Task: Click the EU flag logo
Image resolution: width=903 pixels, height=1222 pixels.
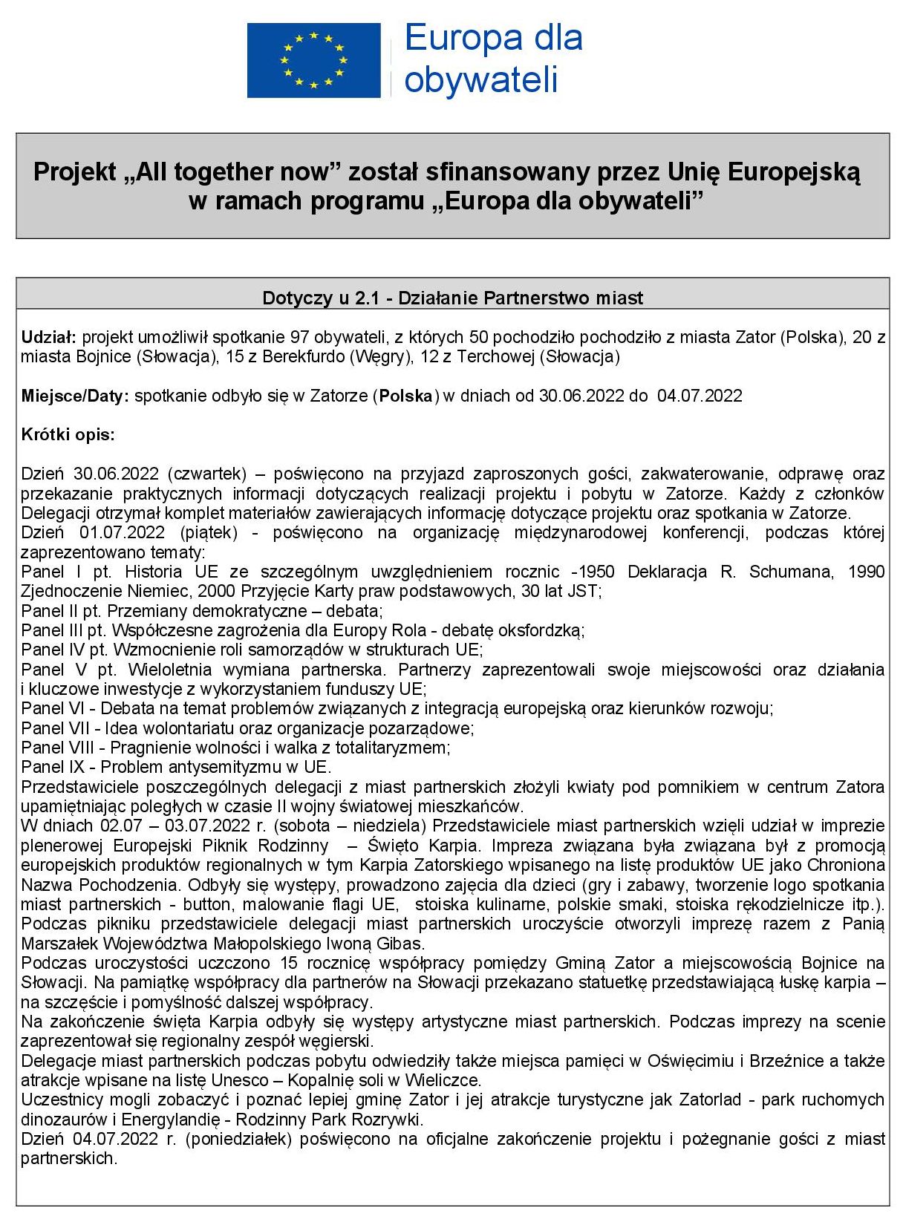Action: pyautogui.click(x=313, y=60)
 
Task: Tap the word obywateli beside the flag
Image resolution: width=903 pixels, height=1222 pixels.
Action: pyautogui.click(x=481, y=79)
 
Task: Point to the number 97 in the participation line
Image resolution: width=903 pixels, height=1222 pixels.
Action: pyautogui.click(x=300, y=338)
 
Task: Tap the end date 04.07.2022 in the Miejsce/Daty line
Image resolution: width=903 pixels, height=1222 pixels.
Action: pyautogui.click(x=700, y=396)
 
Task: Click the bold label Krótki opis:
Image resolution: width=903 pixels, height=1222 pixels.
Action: pyautogui.click(x=68, y=435)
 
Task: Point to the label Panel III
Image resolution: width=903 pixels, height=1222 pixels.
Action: pyautogui.click(x=53, y=630)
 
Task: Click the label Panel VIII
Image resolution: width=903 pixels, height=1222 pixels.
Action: pyautogui.click(x=57, y=748)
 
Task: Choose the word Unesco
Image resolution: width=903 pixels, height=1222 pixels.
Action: pyautogui.click(x=240, y=1080)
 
